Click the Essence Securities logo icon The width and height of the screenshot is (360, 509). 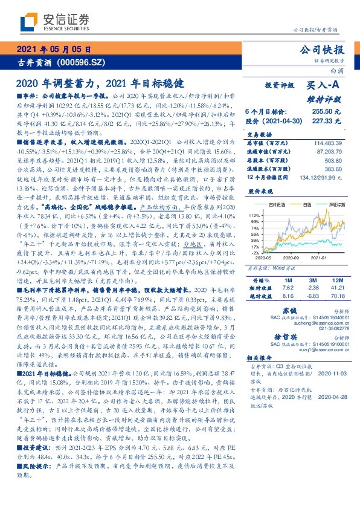pos(28,22)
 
